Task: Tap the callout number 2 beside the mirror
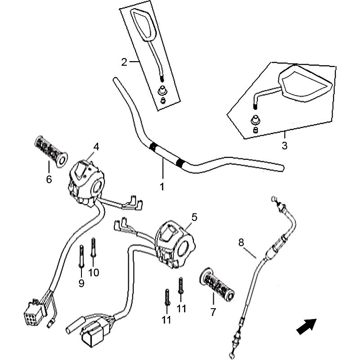[124, 62]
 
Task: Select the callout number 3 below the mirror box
[284, 146]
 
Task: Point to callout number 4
[95, 146]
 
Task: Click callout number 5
[194, 217]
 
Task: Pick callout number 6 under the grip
[49, 179]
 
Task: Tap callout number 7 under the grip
[213, 312]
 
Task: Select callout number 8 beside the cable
[241, 243]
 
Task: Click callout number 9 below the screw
[81, 283]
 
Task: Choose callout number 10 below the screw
[93, 272]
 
